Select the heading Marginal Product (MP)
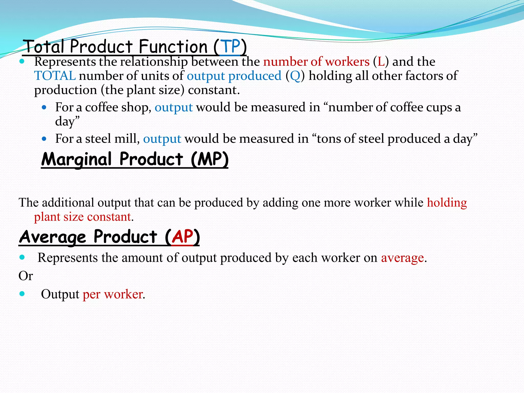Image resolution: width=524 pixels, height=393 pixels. coord(135,159)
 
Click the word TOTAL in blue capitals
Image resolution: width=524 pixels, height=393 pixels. coord(55,76)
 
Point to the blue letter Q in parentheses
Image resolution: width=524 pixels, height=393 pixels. coord(295,76)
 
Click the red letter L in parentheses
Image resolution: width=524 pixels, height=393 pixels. coord(381,62)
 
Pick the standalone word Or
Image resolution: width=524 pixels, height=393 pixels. coord(26,276)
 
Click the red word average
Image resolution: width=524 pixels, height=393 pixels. coord(402,258)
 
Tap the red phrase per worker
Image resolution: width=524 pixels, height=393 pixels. coord(113,294)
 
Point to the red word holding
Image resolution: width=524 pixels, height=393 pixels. coord(447,203)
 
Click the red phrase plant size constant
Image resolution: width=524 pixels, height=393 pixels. coord(82,217)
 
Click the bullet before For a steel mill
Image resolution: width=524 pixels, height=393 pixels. coord(44,139)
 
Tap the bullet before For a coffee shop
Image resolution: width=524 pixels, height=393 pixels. coord(44,107)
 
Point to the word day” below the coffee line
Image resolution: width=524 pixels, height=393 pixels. coord(67,121)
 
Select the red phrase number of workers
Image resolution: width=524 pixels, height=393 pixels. coord(316,62)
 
